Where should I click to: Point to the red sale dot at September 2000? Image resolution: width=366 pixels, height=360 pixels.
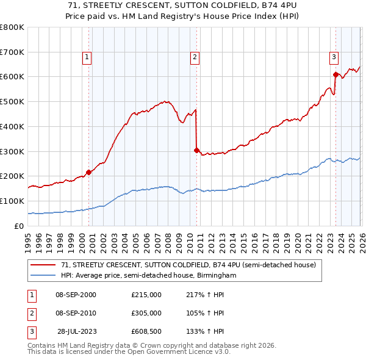[x=89, y=172]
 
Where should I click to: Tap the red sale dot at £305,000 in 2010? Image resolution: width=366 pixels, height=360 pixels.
[x=196, y=149]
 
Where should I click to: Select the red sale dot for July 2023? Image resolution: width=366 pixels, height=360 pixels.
[x=335, y=74]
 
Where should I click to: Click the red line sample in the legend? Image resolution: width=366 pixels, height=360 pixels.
[x=43, y=265]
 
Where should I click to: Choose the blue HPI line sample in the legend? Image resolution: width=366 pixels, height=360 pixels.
[x=43, y=276]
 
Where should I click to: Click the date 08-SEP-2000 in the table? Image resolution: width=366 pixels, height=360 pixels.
[x=76, y=295]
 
